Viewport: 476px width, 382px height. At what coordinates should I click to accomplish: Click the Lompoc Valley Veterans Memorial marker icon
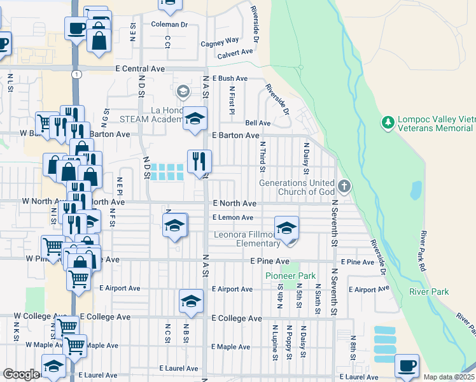388,121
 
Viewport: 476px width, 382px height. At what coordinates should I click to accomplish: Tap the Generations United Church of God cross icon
344,187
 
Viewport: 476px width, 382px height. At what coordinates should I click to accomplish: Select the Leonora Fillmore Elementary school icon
286,227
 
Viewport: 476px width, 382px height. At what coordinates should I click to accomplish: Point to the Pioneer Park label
281,276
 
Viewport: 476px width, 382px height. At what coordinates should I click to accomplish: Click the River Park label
430,292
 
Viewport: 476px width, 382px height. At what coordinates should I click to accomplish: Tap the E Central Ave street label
140,69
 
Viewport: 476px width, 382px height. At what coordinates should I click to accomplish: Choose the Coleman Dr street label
170,25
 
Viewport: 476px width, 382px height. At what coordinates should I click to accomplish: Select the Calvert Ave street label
235,54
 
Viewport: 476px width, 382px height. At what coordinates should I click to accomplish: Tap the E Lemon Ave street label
233,218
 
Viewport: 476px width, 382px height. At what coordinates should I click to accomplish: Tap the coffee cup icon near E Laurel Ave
407,365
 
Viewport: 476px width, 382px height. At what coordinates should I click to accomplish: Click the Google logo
20,374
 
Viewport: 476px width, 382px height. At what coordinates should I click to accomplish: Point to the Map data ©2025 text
449,377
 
